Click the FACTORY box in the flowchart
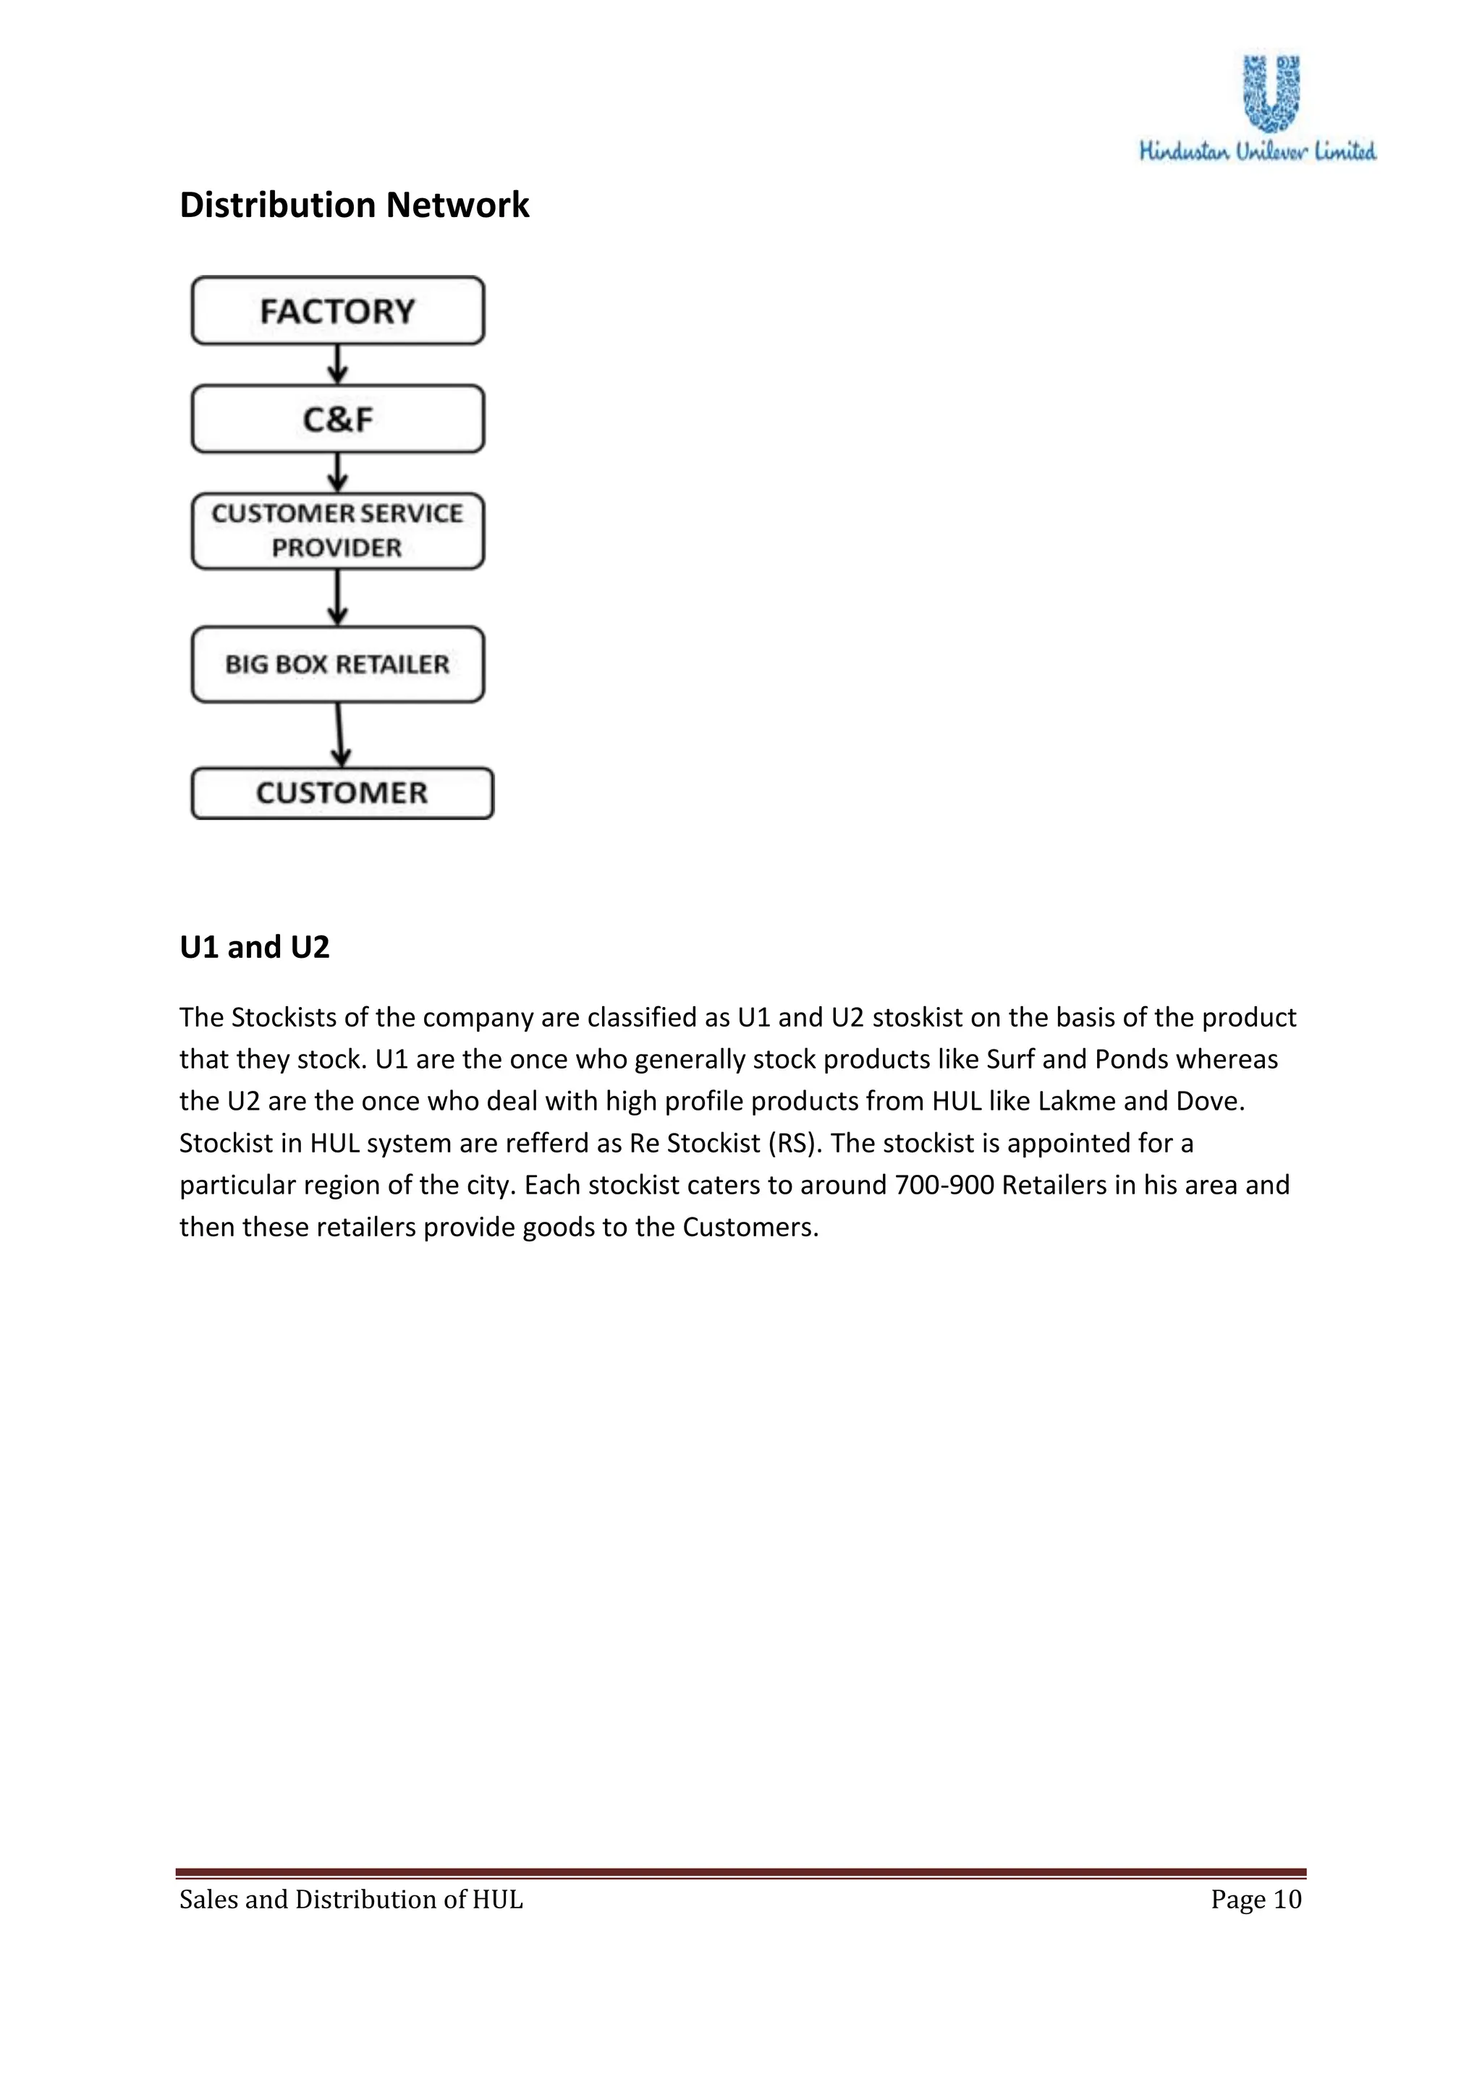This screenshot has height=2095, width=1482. tap(338, 311)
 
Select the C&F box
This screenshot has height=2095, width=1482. tap(338, 419)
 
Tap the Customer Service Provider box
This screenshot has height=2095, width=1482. tap(338, 531)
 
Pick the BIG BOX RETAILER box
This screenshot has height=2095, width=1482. tap(338, 664)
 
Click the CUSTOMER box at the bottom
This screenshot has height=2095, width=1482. tap(342, 793)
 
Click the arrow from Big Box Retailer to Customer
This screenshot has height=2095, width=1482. tap(339, 734)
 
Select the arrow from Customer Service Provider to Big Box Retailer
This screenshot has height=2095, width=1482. tap(338, 598)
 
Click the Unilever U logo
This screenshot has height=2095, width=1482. tap(1272, 92)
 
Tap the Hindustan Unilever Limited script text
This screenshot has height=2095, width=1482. tap(1258, 151)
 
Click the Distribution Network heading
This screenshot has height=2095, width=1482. tap(354, 205)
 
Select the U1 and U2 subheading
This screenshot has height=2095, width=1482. tap(254, 947)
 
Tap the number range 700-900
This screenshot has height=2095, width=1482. tap(944, 1185)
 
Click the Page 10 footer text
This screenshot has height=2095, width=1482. tap(1256, 1900)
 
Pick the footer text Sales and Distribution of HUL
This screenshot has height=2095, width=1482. tap(352, 1900)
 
